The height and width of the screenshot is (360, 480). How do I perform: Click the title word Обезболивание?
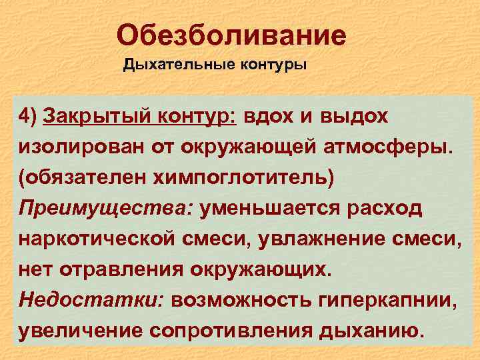click(231, 35)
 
